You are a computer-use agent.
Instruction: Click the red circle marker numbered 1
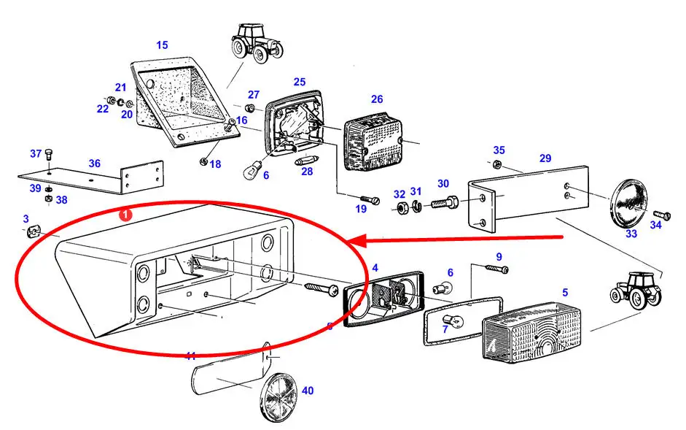point(125,215)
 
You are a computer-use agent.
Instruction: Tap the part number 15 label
point(162,45)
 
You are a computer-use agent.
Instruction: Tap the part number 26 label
point(376,99)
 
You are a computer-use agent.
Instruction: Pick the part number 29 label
point(545,158)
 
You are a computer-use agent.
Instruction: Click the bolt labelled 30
point(444,203)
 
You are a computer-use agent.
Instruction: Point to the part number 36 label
point(95,164)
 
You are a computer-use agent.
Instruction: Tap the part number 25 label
point(300,82)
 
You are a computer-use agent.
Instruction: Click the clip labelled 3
point(32,232)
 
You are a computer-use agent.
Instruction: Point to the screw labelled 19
point(371,197)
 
